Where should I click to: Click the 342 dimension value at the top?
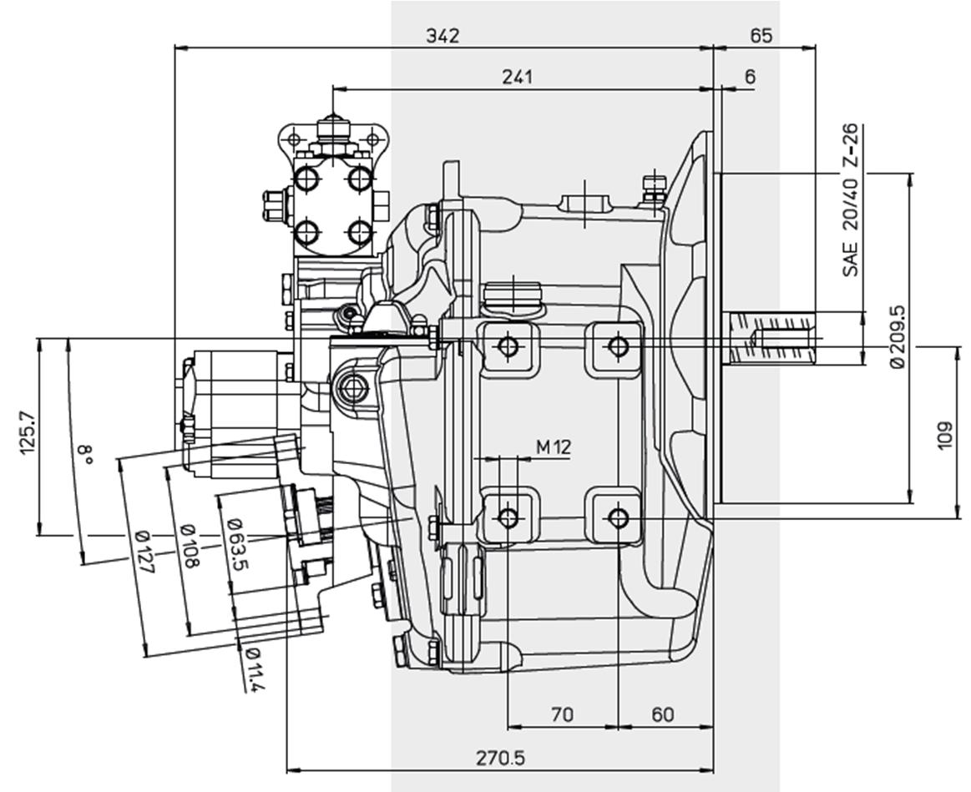(443, 36)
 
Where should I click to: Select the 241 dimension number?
(517, 77)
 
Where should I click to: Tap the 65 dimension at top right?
(761, 35)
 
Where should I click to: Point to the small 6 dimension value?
(750, 77)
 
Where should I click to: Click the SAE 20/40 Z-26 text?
(850, 201)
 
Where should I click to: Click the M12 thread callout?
(553, 447)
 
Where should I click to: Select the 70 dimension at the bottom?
(563, 714)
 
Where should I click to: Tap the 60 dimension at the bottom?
(662, 714)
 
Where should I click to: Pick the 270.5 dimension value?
(500, 758)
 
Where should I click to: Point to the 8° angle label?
(85, 455)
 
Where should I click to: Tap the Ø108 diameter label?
(188, 546)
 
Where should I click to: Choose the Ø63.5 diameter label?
(236, 542)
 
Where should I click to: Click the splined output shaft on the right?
(769, 338)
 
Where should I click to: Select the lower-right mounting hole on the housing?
(618, 517)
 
